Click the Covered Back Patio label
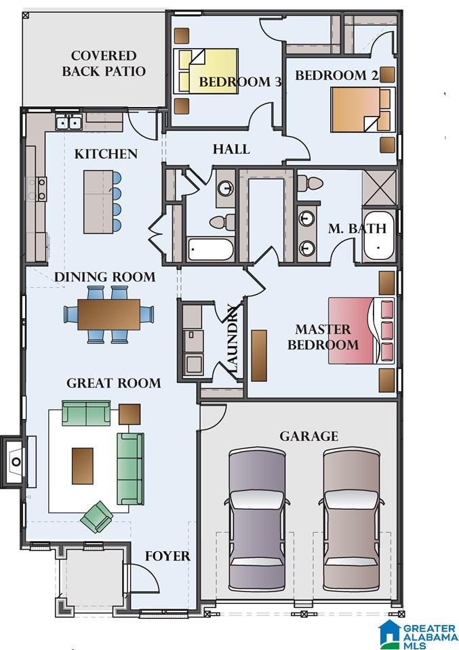(x=104, y=64)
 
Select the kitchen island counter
(x=98, y=202)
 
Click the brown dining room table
(x=108, y=315)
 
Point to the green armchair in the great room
(x=97, y=517)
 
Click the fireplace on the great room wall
(x=15, y=461)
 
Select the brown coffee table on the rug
(x=82, y=466)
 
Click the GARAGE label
(x=308, y=436)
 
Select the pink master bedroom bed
(x=361, y=330)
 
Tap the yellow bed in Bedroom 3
(x=206, y=71)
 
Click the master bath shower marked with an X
(x=379, y=188)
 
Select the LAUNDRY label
(x=233, y=339)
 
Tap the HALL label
(x=231, y=149)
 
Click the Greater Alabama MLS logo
(x=418, y=634)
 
